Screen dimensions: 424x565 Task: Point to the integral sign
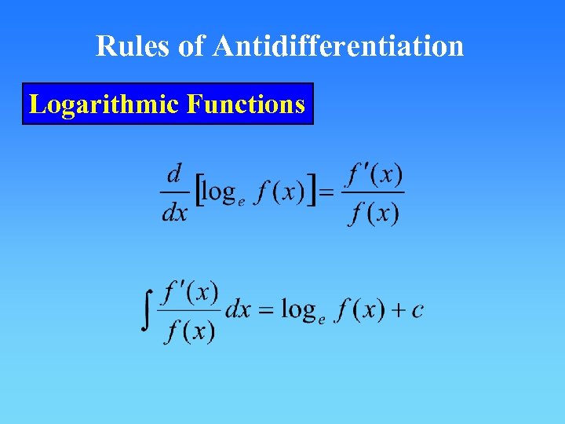click(147, 311)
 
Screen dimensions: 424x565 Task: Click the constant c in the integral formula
click(417, 310)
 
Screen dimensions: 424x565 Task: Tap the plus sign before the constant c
click(397, 310)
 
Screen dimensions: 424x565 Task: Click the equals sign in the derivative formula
click(327, 193)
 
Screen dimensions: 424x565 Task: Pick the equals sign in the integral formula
click(266, 310)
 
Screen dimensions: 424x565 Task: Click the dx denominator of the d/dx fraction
click(174, 212)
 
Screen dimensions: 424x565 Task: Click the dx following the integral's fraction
click(238, 309)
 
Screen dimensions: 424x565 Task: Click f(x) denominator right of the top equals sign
click(374, 213)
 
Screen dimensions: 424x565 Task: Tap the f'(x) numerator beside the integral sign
click(190, 292)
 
